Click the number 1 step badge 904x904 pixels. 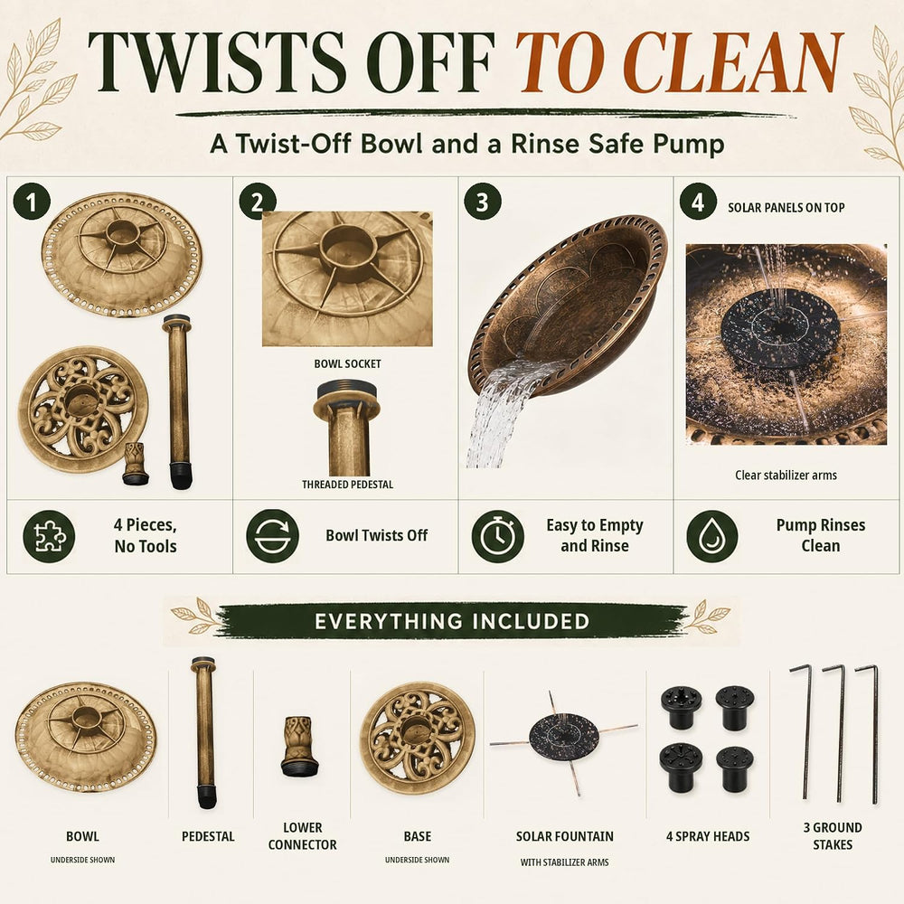tap(32, 202)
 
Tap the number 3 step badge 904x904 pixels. tap(483, 202)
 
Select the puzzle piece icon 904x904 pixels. tap(49, 536)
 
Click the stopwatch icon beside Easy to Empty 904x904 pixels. tap(497, 536)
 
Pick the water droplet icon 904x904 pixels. tap(712, 536)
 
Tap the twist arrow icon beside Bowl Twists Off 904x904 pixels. tap(272, 535)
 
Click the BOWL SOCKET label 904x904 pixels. tap(348, 363)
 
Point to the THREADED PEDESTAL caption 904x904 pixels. tap(348, 485)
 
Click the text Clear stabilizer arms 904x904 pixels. tap(786, 476)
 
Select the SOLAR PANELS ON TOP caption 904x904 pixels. tap(786, 208)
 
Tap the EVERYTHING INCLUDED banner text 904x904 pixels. tap(452, 622)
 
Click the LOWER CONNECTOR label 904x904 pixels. tap(302, 836)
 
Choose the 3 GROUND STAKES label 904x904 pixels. tap(833, 836)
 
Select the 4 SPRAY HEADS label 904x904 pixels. tap(708, 836)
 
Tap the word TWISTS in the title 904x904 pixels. tap(217, 61)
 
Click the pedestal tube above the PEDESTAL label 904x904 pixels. tap(204, 732)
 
